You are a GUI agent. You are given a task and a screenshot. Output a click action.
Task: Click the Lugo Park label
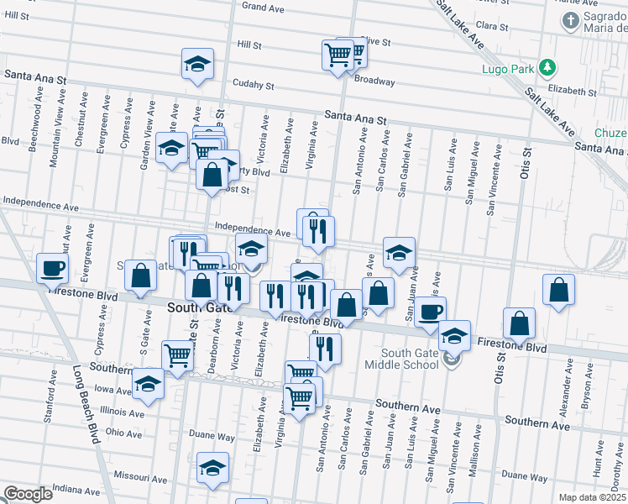click(507, 68)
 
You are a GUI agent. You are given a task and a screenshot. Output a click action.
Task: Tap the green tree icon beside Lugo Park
click(547, 66)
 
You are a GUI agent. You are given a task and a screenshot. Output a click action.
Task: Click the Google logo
click(28, 494)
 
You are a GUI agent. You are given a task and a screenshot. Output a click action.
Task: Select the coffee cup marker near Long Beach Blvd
click(52, 268)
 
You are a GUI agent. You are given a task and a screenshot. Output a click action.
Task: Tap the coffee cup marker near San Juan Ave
click(431, 312)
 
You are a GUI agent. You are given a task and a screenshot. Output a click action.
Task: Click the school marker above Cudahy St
click(197, 64)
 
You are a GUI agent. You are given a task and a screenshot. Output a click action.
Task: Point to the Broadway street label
click(374, 81)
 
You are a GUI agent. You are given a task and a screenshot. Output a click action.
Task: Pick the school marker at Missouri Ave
click(212, 468)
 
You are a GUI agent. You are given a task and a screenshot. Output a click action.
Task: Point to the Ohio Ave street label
click(123, 433)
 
